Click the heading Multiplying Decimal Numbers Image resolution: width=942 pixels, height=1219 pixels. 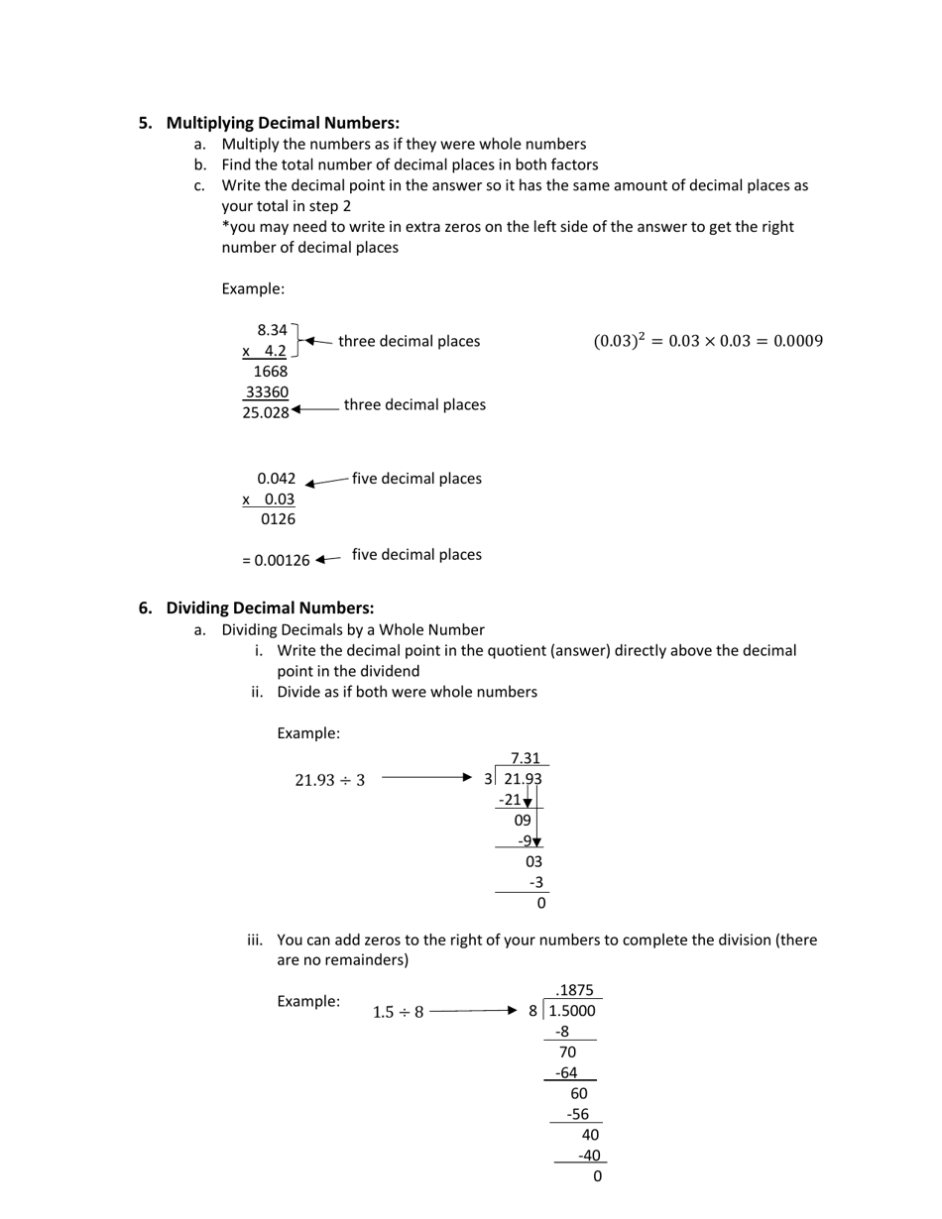(x=283, y=123)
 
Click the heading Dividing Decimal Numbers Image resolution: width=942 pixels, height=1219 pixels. (x=270, y=608)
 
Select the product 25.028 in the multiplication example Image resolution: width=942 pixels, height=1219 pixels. (x=266, y=412)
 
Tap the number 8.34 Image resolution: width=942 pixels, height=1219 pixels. (x=272, y=330)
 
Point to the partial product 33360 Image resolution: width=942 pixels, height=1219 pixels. (x=267, y=391)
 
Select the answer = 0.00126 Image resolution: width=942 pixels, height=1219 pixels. (x=276, y=560)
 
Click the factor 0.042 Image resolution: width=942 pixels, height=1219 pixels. (x=276, y=478)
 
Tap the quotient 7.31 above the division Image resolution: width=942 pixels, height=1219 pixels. (x=525, y=758)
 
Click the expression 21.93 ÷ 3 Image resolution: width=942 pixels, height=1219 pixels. (x=329, y=780)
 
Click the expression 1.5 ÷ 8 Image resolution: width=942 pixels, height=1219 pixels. (x=398, y=1012)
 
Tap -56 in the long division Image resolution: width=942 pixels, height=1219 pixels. (x=577, y=1114)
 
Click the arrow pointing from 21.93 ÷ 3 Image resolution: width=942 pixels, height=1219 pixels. (x=426, y=778)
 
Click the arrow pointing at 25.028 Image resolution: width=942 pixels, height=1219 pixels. (x=314, y=408)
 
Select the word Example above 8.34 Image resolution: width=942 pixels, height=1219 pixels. (x=253, y=288)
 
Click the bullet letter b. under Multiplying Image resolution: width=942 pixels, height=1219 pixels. (x=200, y=165)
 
